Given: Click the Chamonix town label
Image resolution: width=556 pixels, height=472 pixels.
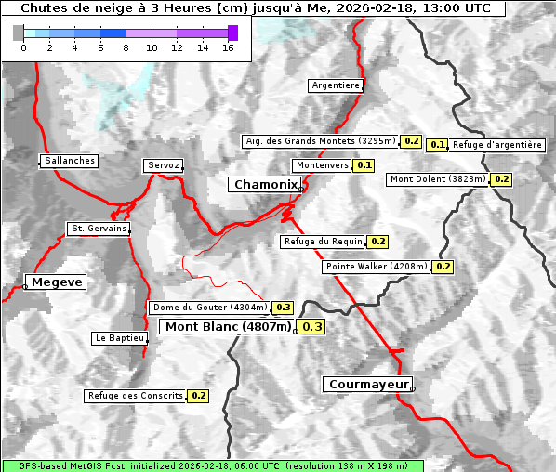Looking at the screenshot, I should click(265, 185).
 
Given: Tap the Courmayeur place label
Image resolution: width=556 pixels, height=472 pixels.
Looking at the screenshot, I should click(368, 384).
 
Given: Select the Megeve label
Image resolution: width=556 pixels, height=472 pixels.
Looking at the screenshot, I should click(57, 282).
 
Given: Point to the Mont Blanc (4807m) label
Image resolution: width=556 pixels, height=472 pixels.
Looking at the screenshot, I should click(228, 326).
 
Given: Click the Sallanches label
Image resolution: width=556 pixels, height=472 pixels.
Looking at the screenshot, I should click(70, 161).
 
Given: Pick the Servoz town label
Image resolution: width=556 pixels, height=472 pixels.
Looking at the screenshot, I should click(164, 165).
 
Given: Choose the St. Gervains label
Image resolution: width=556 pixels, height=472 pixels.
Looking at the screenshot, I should click(99, 229).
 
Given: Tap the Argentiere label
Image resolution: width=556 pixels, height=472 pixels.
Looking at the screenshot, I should click(336, 85).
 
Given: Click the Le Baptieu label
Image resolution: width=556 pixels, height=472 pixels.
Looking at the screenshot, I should click(119, 338).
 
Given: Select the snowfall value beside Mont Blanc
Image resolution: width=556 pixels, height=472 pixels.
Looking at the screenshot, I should click(312, 326).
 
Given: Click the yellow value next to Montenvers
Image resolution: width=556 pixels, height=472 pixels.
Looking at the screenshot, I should click(364, 165).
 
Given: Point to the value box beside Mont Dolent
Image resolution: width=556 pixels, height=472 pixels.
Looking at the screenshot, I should click(502, 179).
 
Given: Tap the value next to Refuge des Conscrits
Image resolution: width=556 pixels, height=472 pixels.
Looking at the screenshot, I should click(198, 396).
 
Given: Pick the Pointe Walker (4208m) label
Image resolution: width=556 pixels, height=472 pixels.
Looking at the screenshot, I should click(377, 267).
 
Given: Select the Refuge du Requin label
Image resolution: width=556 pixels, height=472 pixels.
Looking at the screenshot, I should click(323, 242).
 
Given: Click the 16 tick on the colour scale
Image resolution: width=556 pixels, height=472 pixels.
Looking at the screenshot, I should click(227, 47).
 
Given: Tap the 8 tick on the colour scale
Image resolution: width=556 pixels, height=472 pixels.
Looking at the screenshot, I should click(126, 47).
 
